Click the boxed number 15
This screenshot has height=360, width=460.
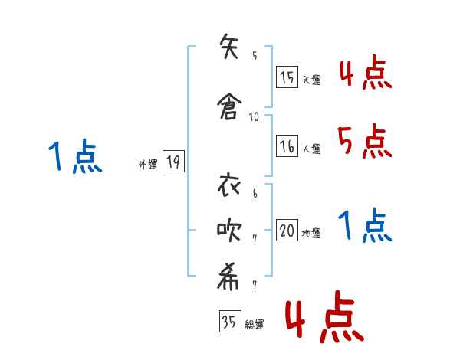pyautogui.click(x=287, y=77)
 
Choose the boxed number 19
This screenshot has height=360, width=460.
pyautogui.click(x=173, y=162)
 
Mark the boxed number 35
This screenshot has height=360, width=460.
pyautogui.click(x=229, y=322)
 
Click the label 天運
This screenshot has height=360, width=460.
pyautogui.click(x=311, y=79)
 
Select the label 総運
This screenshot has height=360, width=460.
pyautogui.click(x=254, y=325)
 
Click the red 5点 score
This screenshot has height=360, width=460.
pyautogui.click(x=364, y=141)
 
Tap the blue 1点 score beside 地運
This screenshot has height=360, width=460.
pyautogui.click(x=366, y=226)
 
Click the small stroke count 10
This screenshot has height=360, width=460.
pyautogui.click(x=255, y=117)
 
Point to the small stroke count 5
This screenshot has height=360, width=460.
pyautogui.click(x=255, y=55)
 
